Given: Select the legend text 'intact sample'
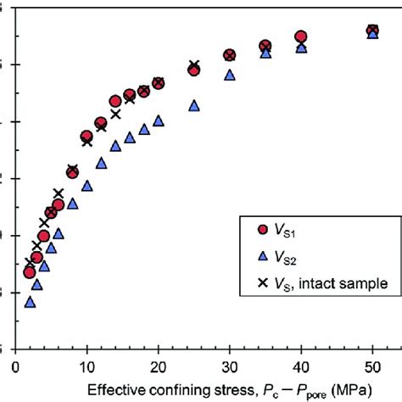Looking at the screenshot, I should click(345, 283).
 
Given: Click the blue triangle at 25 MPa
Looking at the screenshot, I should click(193, 106).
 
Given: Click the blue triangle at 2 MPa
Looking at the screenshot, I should click(31, 301).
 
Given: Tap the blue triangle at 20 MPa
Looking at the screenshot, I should click(158, 121).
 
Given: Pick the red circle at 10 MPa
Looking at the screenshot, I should click(87, 137).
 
